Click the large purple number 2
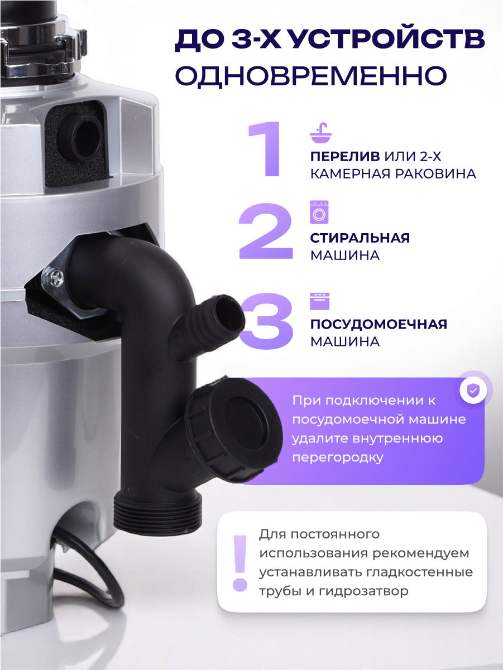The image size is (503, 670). point(266,233)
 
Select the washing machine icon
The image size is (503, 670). point(319,212)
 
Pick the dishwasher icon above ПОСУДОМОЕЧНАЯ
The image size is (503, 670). point(319,300)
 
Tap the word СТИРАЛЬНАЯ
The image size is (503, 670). point(360,238)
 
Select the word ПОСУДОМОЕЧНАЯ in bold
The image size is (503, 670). point(379,324)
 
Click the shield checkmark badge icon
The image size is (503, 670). point(473,391)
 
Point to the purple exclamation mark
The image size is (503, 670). point(240,563)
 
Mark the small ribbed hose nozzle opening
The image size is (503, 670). point(228,309)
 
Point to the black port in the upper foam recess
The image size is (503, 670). point(84,134)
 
